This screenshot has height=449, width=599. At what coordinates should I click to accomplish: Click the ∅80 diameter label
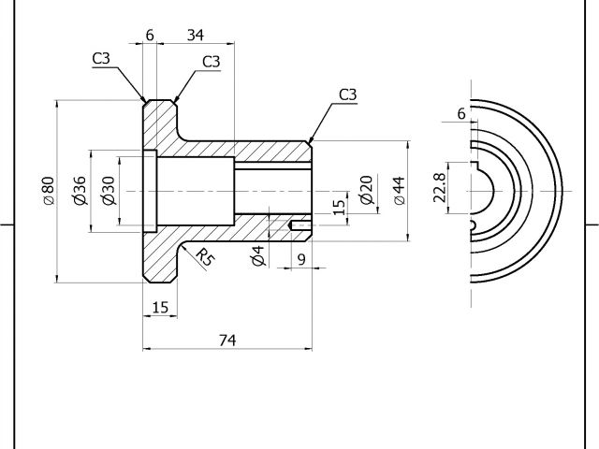(48, 191)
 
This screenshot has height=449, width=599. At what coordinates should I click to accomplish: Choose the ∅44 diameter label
(398, 190)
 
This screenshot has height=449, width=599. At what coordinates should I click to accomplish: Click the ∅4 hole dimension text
(258, 255)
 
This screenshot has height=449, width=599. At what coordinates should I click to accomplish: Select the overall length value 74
(226, 340)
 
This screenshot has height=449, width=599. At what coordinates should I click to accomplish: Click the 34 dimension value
(195, 36)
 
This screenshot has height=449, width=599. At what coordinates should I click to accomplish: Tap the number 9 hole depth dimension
(300, 258)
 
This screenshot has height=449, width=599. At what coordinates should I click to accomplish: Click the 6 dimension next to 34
(150, 36)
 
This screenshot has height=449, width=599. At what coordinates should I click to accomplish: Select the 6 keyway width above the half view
(460, 113)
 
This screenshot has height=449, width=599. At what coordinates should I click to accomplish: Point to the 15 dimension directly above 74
(159, 307)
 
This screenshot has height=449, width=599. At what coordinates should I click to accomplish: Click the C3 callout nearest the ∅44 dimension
(347, 94)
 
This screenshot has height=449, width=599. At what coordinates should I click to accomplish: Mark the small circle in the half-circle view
(474, 225)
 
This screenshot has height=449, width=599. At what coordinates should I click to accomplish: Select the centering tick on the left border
(6, 224)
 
